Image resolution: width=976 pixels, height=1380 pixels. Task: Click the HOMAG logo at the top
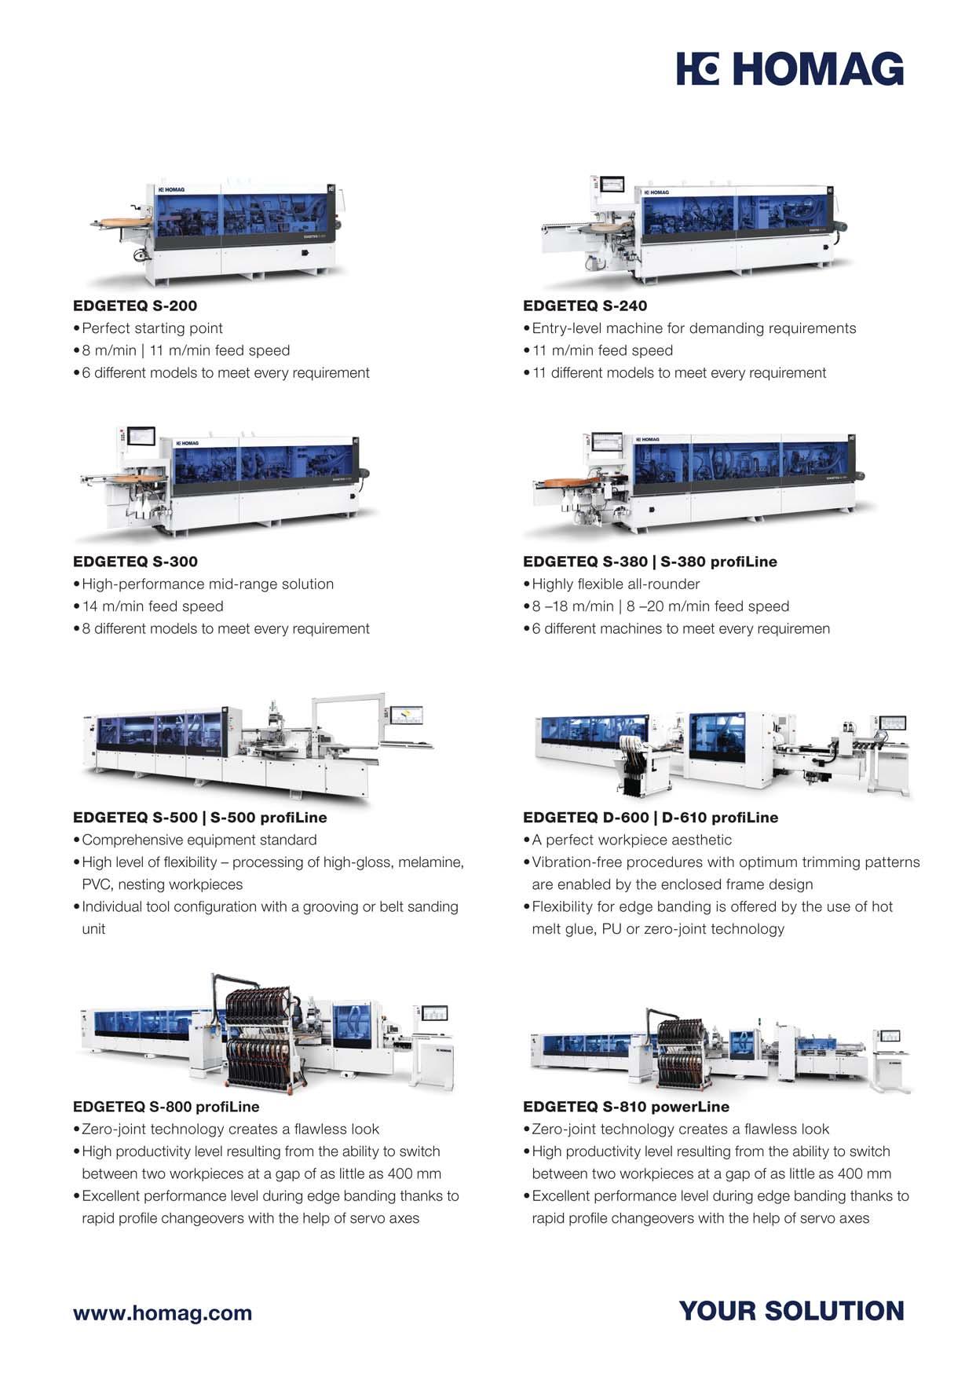click(790, 68)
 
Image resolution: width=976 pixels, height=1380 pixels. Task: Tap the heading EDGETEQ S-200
click(135, 306)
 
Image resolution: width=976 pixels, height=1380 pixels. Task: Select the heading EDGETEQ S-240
click(585, 306)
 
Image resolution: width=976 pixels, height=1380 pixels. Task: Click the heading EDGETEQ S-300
click(135, 562)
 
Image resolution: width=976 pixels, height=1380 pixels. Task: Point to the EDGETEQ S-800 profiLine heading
click(166, 1107)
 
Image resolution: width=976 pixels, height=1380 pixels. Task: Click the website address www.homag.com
click(163, 1313)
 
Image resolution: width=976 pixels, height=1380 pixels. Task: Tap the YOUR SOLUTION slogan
click(791, 1311)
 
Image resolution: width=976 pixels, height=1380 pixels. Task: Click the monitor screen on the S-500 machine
click(407, 715)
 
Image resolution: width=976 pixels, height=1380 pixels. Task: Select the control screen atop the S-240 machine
click(612, 185)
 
